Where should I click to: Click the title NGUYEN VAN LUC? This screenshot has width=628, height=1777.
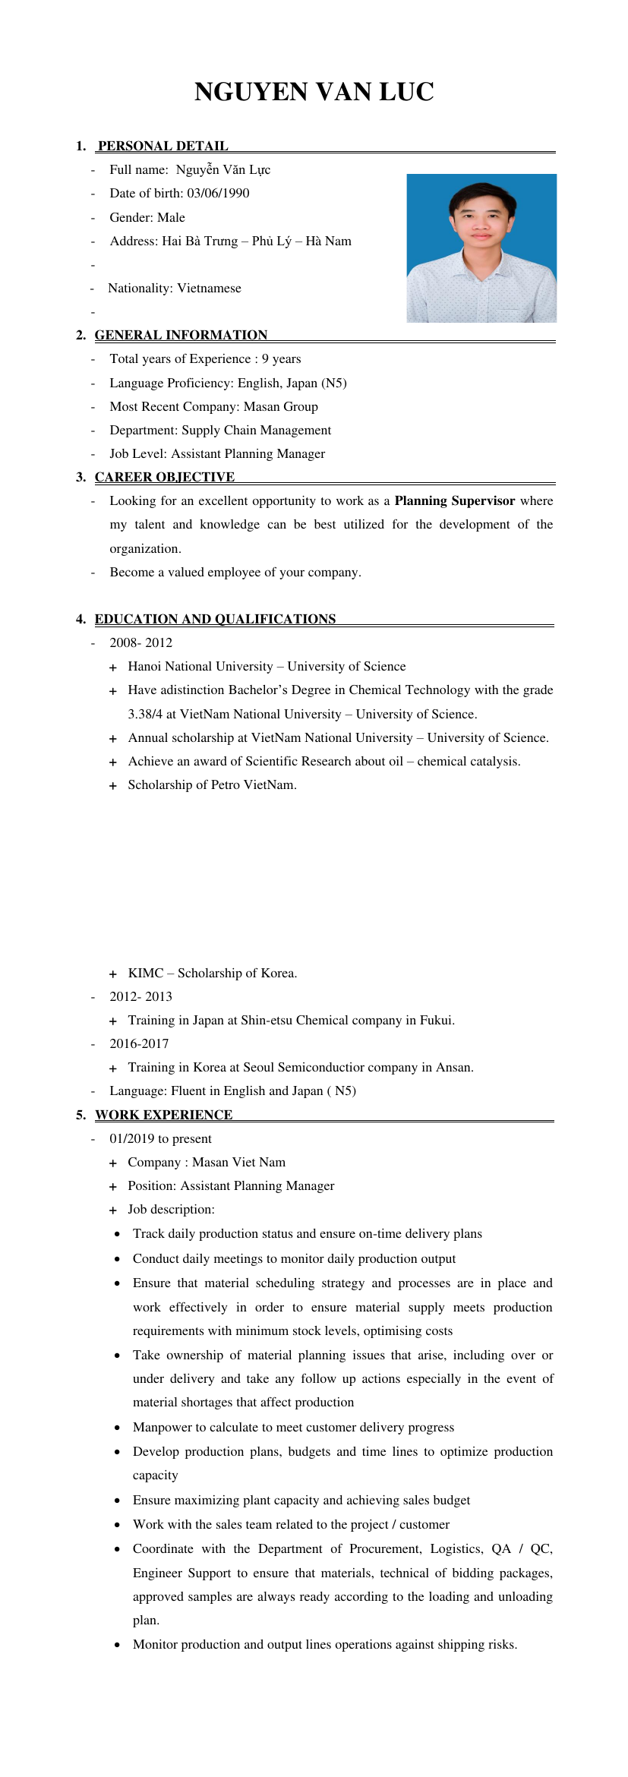[314, 93]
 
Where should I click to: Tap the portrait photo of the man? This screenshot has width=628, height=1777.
[481, 248]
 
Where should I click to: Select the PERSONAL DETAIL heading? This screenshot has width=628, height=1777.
[163, 146]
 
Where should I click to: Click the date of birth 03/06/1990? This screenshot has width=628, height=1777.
[218, 193]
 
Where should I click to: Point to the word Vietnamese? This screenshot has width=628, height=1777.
[209, 288]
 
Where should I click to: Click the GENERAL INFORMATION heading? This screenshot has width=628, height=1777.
[181, 335]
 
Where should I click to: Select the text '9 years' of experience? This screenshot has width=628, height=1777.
[281, 358]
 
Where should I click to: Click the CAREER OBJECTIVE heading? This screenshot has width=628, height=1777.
[164, 477]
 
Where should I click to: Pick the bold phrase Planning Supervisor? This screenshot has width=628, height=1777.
[454, 500]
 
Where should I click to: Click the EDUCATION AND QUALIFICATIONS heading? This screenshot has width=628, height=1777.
[215, 619]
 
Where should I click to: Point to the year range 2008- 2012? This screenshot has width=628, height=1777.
[140, 642]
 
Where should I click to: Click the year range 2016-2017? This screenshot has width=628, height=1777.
[139, 1043]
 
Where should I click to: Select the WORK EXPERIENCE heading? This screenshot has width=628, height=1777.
[163, 1115]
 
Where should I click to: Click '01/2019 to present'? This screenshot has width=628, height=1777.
[160, 1138]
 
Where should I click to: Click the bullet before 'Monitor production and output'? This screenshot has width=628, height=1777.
[117, 1645]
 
